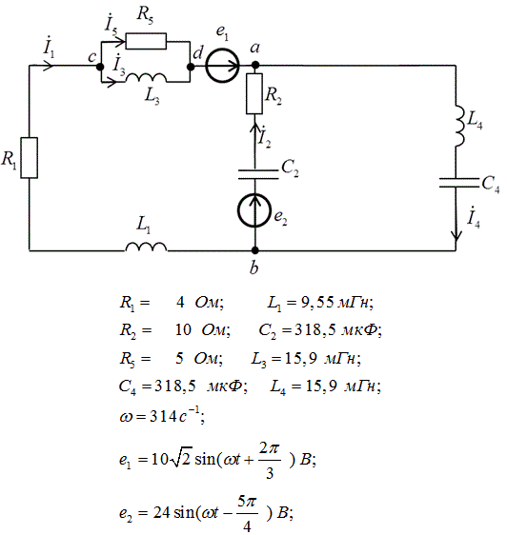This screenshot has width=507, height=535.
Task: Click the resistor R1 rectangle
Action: tap(29, 158)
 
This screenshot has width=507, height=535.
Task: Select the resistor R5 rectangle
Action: tap(146, 41)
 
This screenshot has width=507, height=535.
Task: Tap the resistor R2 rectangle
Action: tap(254, 93)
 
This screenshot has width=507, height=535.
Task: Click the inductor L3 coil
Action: tap(146, 78)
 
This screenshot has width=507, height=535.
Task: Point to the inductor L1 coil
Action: tap(146, 247)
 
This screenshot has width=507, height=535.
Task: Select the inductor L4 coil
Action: tap(459, 127)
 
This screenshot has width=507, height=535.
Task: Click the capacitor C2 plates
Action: tap(258, 174)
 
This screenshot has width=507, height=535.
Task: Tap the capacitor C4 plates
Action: tap(459, 183)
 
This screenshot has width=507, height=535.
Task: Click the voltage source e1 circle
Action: tap(222, 66)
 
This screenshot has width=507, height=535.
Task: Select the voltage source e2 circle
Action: tap(254, 210)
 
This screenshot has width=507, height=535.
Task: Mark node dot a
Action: tap(254, 65)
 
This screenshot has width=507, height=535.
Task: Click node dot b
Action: tap(254, 250)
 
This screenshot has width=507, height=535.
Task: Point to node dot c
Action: tap(100, 67)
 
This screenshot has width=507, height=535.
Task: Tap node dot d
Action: tap(191, 67)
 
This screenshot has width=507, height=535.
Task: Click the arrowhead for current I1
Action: tap(49, 65)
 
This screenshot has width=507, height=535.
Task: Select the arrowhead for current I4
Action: tap(456, 235)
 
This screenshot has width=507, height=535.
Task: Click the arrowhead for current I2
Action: tap(254, 129)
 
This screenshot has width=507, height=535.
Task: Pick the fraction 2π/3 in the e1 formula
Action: tap(270, 461)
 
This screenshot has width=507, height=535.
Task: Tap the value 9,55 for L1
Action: tap(317, 303)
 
